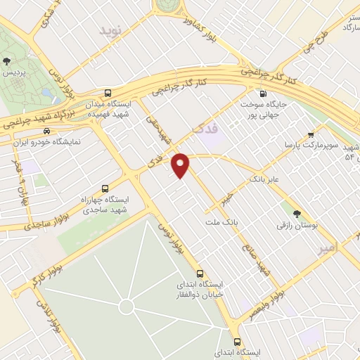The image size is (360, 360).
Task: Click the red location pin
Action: pyautogui.click(x=181, y=164)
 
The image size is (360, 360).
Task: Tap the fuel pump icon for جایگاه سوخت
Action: pyautogui.click(x=263, y=94)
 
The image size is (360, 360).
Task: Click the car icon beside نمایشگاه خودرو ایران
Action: pyautogui.click(x=46, y=131)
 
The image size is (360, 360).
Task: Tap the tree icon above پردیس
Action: pyautogui.click(x=7, y=62)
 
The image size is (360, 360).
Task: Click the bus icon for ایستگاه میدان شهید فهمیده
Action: pyautogui.click(x=108, y=94)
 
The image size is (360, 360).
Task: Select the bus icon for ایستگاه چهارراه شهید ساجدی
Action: pyautogui.click(x=105, y=189)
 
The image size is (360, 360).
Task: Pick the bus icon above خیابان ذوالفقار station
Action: pyautogui.click(x=200, y=273)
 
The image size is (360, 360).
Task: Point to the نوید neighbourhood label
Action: pyautogui.click(x=110, y=32)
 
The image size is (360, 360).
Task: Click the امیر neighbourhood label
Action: pyautogui.click(x=342, y=246)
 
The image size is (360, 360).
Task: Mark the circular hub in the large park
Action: pyautogui.click(x=126, y=307)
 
